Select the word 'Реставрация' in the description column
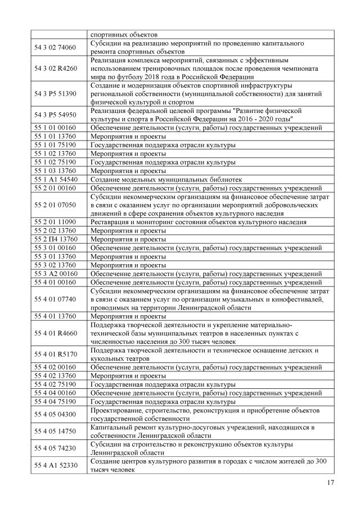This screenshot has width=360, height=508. tap(110, 222)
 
